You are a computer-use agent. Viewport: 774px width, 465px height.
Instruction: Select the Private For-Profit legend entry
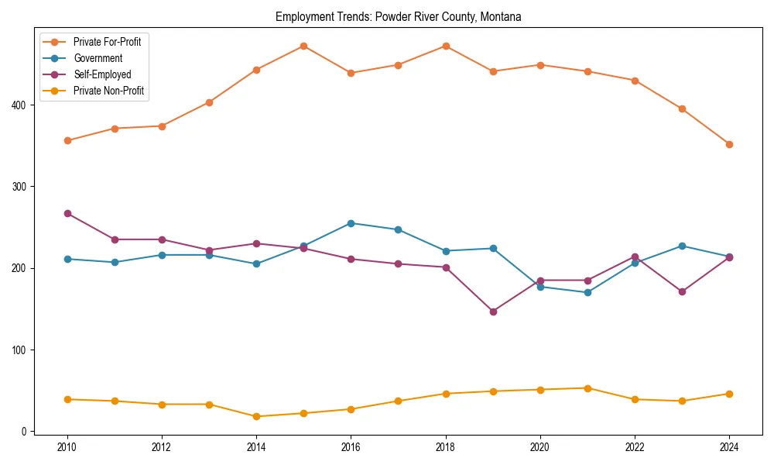pyautogui.click(x=107, y=41)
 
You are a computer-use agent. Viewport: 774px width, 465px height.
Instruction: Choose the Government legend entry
pyautogui.click(x=98, y=58)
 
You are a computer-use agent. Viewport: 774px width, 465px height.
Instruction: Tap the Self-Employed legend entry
pyautogui.click(x=102, y=74)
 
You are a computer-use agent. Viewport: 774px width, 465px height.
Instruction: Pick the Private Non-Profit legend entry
pyautogui.click(x=108, y=91)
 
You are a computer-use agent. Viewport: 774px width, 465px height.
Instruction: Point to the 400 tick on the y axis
pyautogui.click(x=22, y=105)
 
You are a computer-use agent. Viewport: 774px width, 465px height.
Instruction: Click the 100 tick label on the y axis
pyautogui.click(x=22, y=350)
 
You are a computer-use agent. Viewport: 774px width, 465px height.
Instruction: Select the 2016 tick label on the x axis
pyautogui.click(x=351, y=448)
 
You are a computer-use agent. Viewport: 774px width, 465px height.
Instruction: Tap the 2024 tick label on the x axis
pyautogui.click(x=729, y=448)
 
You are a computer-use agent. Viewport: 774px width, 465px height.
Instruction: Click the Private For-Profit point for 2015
pyautogui.click(x=303, y=46)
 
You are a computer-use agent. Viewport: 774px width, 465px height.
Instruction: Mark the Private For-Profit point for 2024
pyautogui.click(x=729, y=144)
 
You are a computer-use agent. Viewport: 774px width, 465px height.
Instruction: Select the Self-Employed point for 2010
pyautogui.click(x=67, y=213)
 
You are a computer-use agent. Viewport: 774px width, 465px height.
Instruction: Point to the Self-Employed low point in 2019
pyautogui.click(x=493, y=312)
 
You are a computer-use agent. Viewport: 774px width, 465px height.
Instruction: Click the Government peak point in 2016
pyautogui.click(x=351, y=223)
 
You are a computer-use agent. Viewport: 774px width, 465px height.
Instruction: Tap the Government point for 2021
pyautogui.click(x=587, y=292)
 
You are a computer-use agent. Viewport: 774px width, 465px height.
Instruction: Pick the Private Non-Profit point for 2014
pyautogui.click(x=256, y=416)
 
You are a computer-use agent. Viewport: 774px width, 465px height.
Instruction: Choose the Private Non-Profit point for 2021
pyautogui.click(x=587, y=388)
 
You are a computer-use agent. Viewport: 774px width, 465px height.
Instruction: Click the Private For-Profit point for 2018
pyautogui.click(x=446, y=46)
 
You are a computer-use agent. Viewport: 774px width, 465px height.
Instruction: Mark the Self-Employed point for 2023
pyautogui.click(x=682, y=291)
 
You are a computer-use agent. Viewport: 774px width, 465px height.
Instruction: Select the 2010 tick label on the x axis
pyautogui.click(x=67, y=448)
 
